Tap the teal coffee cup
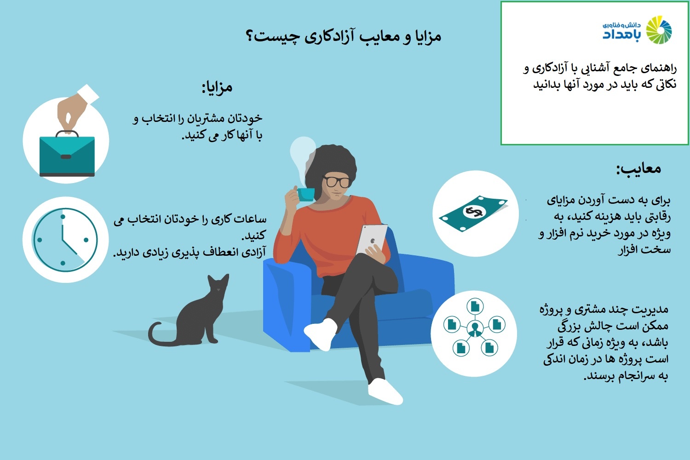[306, 194]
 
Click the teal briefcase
[67, 154]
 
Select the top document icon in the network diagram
[475, 306]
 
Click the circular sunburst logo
[659, 30]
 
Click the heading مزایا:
[217, 87]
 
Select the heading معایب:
[638, 169]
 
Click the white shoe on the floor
[385, 391]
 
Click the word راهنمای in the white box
[659, 69]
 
